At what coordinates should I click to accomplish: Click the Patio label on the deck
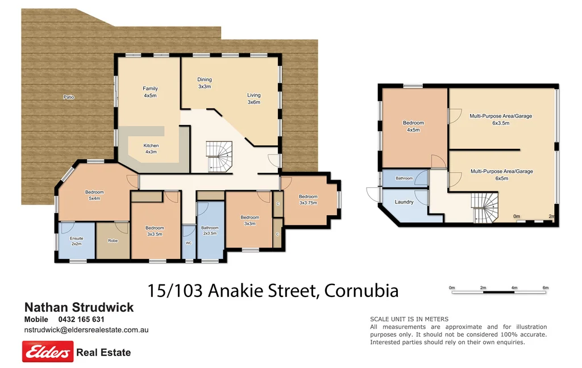(69, 97)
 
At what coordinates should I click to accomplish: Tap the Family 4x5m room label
(150, 92)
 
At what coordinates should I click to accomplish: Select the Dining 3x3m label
(205, 83)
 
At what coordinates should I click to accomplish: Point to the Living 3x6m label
(253, 98)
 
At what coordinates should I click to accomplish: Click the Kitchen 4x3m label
(151, 149)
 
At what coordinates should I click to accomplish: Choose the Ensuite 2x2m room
(77, 241)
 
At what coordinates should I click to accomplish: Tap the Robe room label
(113, 241)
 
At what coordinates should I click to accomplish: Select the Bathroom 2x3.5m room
(209, 231)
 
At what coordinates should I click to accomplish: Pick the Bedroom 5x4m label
(94, 195)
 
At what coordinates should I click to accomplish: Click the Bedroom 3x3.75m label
(308, 199)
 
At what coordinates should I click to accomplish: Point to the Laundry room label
(404, 202)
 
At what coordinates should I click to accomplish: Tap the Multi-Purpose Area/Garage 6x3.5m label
(501, 119)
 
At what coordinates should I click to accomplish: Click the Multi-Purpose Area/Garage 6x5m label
(501, 174)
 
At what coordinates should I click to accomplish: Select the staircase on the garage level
(484, 207)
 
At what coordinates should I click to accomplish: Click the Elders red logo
(48, 352)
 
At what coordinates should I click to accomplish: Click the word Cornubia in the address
(362, 291)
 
